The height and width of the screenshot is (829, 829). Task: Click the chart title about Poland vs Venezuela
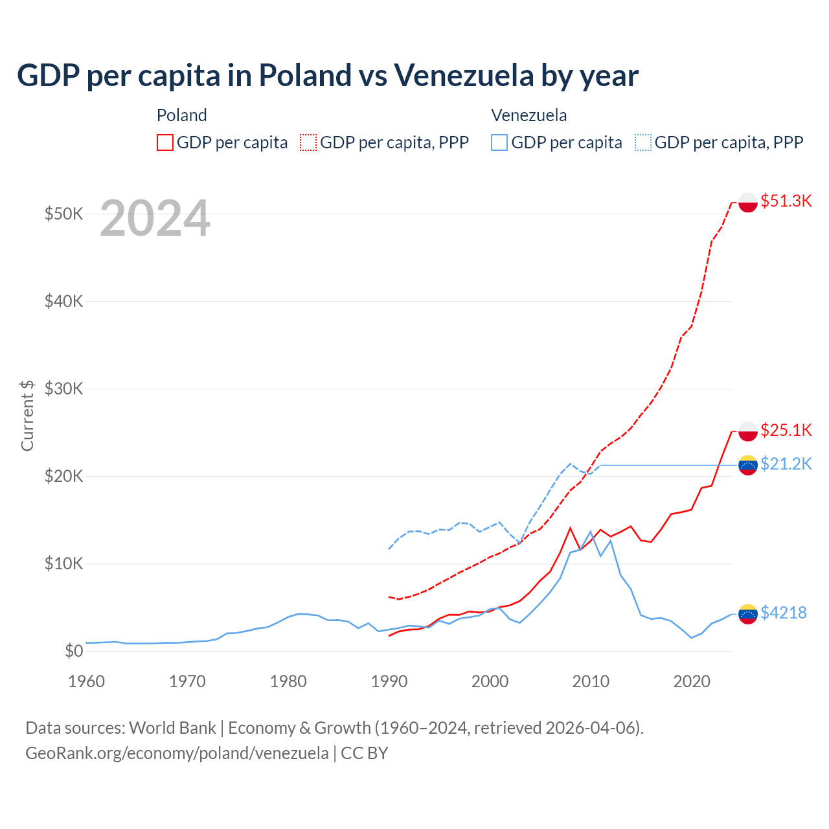pyautogui.click(x=327, y=76)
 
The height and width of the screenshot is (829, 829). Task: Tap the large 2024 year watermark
pyautogui.click(x=155, y=219)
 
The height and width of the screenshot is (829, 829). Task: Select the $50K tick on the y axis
pyautogui.click(x=63, y=214)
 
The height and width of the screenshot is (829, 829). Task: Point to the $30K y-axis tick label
pyautogui.click(x=63, y=389)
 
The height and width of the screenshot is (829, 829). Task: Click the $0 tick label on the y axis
pyautogui.click(x=74, y=651)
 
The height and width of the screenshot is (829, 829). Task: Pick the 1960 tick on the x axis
pyautogui.click(x=86, y=681)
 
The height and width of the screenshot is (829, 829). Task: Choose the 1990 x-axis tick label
pyautogui.click(x=389, y=681)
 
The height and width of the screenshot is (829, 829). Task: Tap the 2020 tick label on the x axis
pyautogui.click(x=692, y=681)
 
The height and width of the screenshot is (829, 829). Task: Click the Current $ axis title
pyautogui.click(x=27, y=415)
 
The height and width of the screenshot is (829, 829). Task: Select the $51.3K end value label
pyautogui.click(x=786, y=201)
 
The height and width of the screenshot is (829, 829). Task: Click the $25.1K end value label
pyautogui.click(x=786, y=430)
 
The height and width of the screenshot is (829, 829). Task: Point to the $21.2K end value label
pyautogui.click(x=786, y=464)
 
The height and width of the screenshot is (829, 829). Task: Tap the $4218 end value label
pyautogui.click(x=783, y=613)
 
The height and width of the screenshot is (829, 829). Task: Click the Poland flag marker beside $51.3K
pyautogui.click(x=748, y=202)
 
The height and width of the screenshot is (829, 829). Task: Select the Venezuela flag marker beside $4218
pyautogui.click(x=748, y=613)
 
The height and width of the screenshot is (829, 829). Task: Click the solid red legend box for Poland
pyautogui.click(x=165, y=142)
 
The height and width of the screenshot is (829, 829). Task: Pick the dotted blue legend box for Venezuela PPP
pyautogui.click(x=643, y=142)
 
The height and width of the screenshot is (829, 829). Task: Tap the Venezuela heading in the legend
pyautogui.click(x=528, y=115)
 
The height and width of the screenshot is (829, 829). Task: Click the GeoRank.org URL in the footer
pyautogui.click(x=177, y=753)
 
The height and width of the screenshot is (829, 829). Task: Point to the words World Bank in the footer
pyautogui.click(x=172, y=728)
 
